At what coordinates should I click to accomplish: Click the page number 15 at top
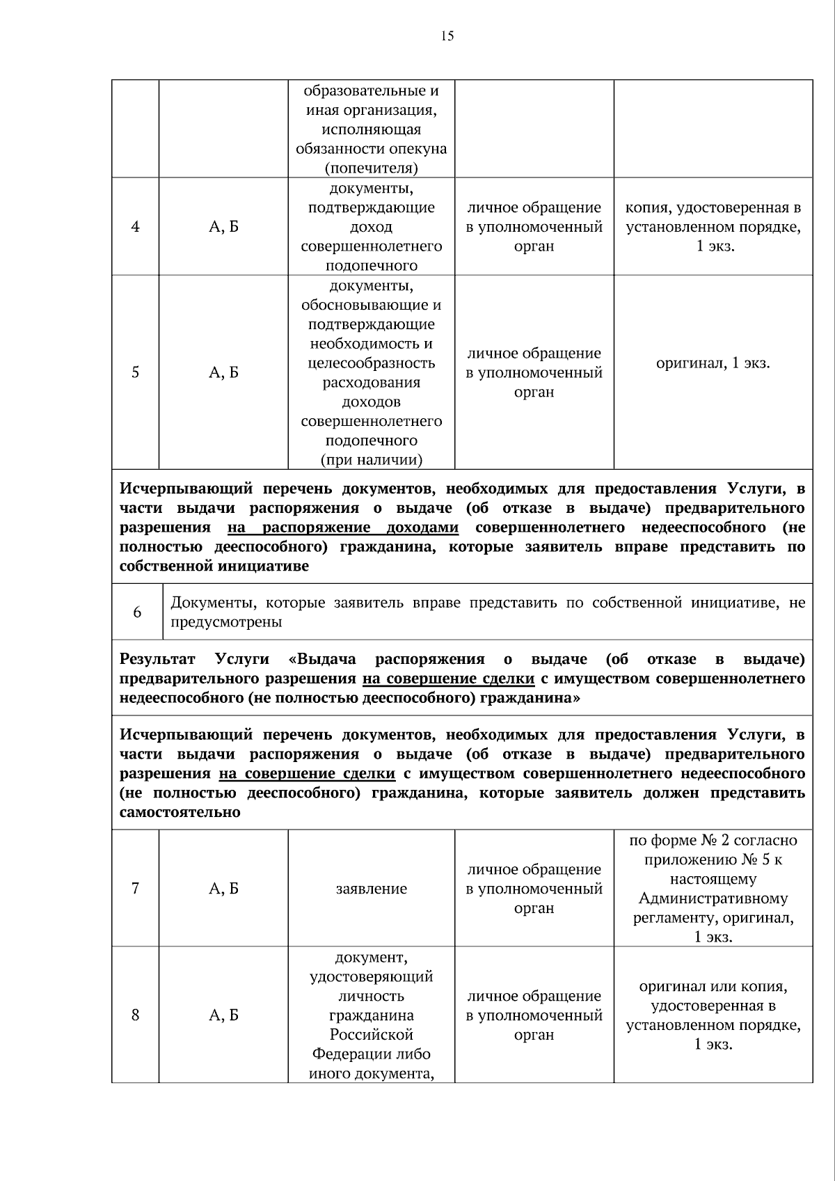pyautogui.click(x=447, y=36)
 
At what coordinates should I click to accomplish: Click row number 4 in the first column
pyautogui.click(x=135, y=226)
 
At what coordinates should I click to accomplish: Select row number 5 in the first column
pyautogui.click(x=135, y=372)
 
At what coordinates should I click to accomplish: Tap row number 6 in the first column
pyautogui.click(x=137, y=612)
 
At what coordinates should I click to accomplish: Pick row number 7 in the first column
pyautogui.click(x=135, y=888)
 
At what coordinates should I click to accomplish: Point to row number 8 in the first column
pyautogui.click(x=135, y=1015)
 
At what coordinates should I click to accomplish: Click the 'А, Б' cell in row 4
pyautogui.click(x=223, y=226)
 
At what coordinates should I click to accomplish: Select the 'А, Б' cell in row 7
pyautogui.click(x=223, y=888)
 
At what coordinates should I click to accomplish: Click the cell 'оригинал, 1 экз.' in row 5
pyautogui.click(x=713, y=363)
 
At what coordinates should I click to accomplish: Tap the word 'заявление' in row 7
pyautogui.click(x=371, y=889)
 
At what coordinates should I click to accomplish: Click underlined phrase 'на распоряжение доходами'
pyautogui.click(x=342, y=528)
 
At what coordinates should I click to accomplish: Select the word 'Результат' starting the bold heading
pyautogui.click(x=157, y=659)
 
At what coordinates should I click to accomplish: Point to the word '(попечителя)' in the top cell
pyautogui.click(x=371, y=168)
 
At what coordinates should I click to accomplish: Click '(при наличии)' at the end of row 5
pyautogui.click(x=371, y=459)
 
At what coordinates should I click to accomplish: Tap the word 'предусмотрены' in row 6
pyautogui.click(x=226, y=622)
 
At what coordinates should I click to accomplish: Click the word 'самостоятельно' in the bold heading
pyautogui.click(x=180, y=812)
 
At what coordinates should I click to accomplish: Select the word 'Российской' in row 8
pyautogui.click(x=371, y=1034)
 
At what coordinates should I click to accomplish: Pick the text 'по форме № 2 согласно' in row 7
pyautogui.click(x=713, y=840)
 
